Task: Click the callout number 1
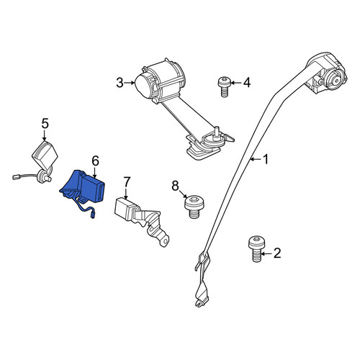pos(266,160)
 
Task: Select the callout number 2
pos(277,253)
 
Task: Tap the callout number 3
pos(120,83)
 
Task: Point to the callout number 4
pos(247,83)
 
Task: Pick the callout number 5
pos(45,123)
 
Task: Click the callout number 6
pos(95,161)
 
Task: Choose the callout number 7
pos(127,182)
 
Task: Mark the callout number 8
pos(175,186)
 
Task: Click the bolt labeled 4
pos(224,86)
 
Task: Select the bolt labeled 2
pos(257,249)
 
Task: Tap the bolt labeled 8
pos(194,207)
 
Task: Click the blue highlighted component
pos(84,189)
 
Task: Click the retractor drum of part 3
pos(161,81)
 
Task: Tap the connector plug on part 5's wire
pos(16,177)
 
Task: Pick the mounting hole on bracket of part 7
pos(165,242)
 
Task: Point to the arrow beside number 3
pos(130,83)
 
